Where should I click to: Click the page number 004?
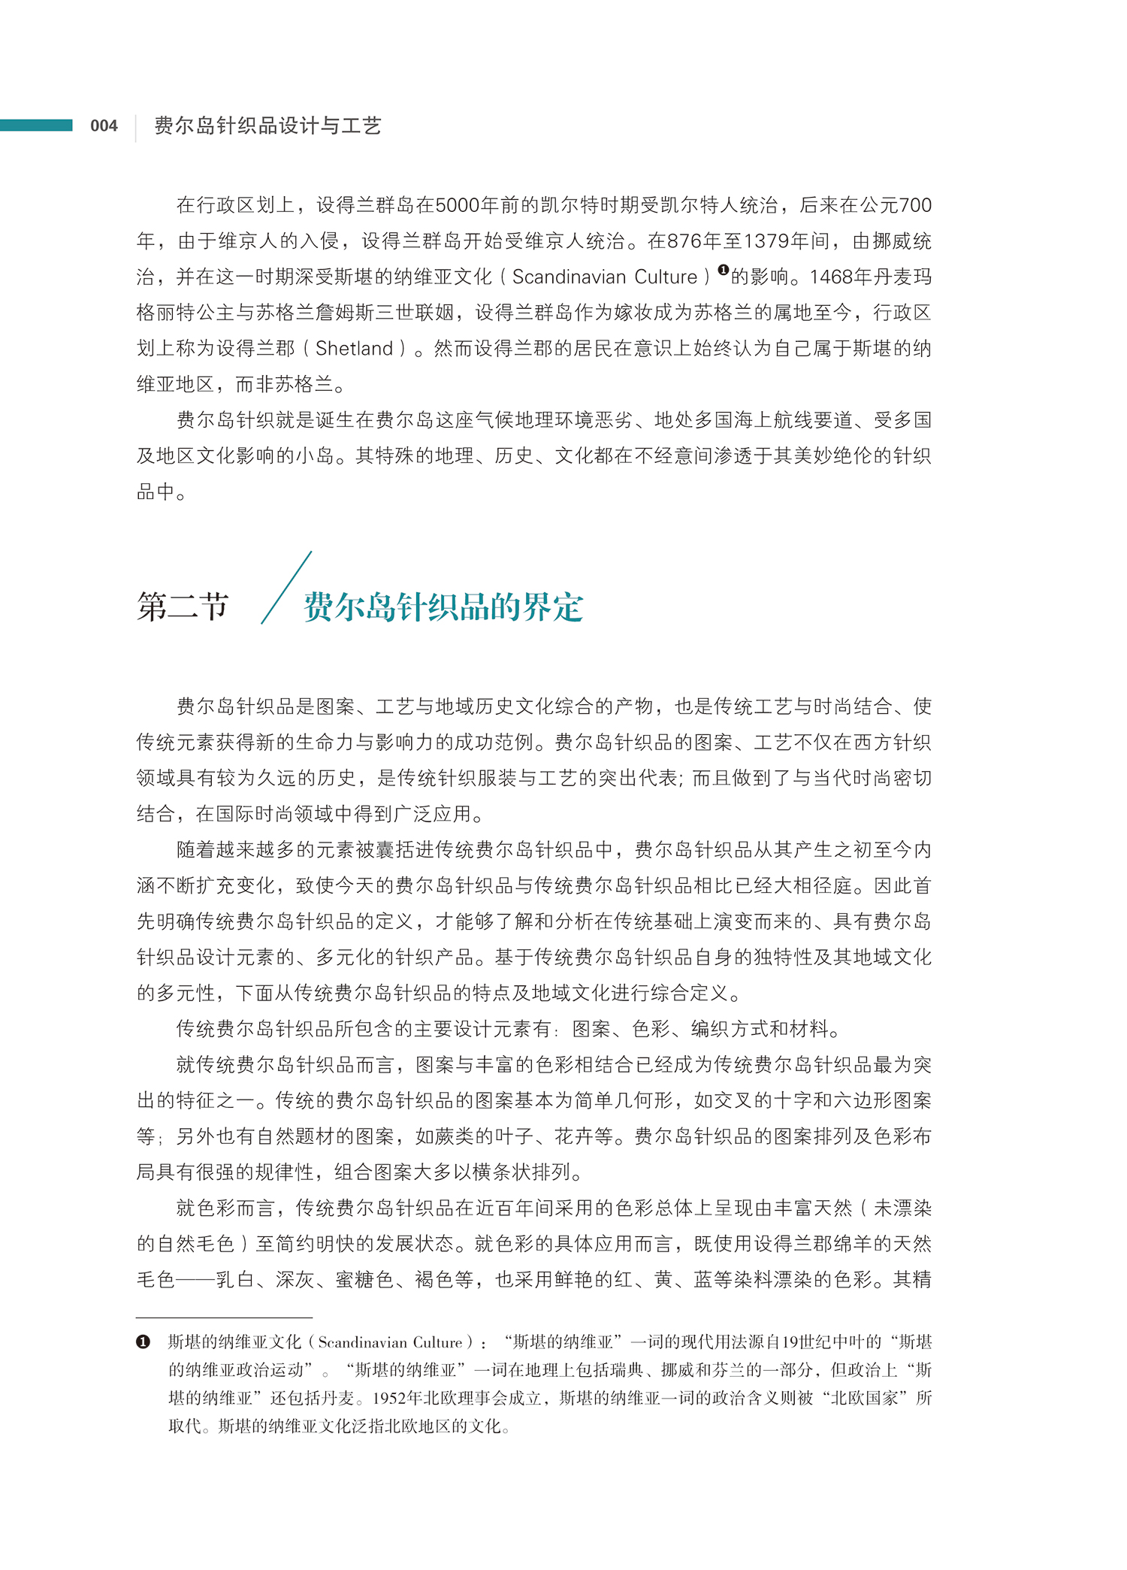click(x=104, y=126)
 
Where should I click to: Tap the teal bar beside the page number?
click(x=36, y=125)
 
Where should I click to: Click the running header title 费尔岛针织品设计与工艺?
click(x=267, y=126)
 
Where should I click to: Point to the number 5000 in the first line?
click(x=458, y=205)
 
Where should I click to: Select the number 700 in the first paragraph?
click(x=915, y=205)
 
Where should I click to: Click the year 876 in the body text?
click(x=684, y=241)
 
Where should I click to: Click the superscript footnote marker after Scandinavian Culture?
click(x=723, y=270)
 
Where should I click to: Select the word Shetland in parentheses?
click(x=354, y=349)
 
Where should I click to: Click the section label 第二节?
click(x=183, y=606)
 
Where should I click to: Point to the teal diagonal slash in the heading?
click(x=286, y=588)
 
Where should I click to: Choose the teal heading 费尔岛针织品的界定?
click(x=443, y=607)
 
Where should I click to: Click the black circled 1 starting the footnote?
click(x=143, y=1342)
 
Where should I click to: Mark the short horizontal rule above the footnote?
click(x=224, y=1317)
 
